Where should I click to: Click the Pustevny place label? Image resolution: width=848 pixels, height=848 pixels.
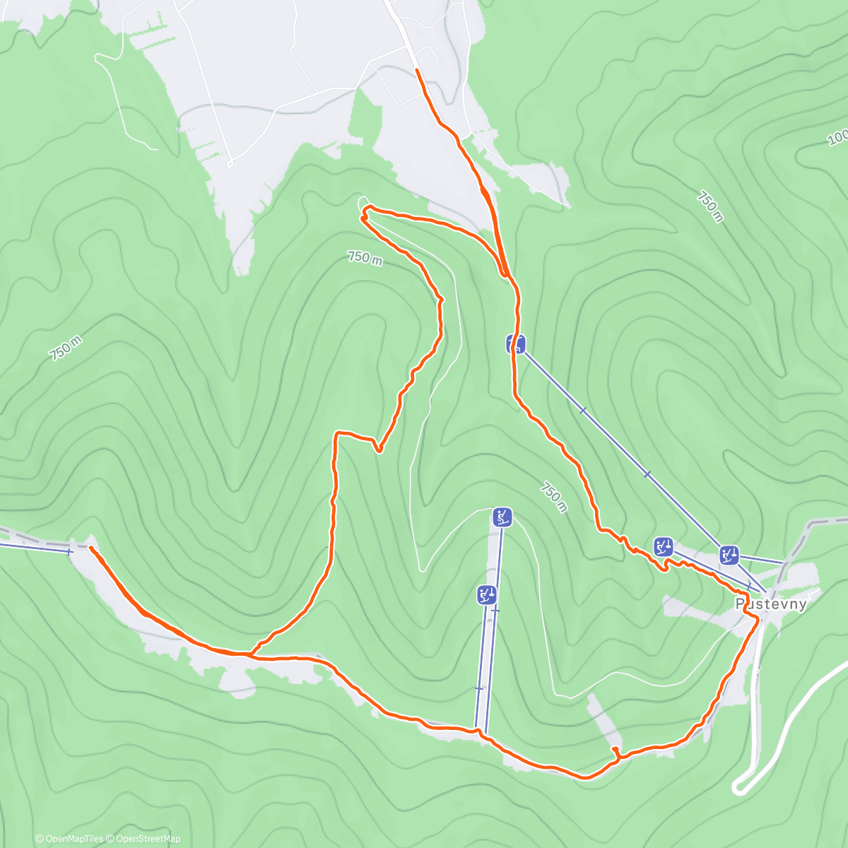(x=771, y=604)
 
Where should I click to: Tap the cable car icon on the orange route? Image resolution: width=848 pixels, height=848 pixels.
(x=516, y=344)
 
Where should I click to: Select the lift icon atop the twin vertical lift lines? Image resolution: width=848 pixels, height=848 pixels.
(x=502, y=517)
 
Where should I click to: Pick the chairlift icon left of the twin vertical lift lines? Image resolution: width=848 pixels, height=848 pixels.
(x=486, y=595)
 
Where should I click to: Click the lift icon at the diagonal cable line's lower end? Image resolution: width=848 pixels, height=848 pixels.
(x=729, y=555)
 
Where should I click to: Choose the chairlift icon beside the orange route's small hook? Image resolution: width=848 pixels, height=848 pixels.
(x=663, y=546)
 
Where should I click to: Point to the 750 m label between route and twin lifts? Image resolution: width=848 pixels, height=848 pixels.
(x=554, y=497)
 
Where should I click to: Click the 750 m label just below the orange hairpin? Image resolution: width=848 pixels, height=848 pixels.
(x=365, y=258)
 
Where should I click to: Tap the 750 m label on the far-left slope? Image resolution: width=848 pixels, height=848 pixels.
(x=66, y=348)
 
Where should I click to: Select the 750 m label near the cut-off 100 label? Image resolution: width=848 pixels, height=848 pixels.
(x=710, y=206)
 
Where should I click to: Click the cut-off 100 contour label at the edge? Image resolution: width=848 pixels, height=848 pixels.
(x=837, y=137)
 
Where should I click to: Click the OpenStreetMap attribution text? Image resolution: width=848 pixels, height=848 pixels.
(x=148, y=839)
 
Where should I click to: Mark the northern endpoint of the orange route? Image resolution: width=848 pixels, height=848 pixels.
(x=417, y=71)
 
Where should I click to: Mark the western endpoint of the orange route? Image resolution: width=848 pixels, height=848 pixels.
(x=91, y=548)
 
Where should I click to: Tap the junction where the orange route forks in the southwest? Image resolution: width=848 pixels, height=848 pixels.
(x=249, y=654)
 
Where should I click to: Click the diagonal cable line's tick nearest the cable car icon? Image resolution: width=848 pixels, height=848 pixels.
(x=582, y=410)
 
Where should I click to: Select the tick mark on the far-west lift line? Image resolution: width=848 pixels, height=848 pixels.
(x=69, y=550)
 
